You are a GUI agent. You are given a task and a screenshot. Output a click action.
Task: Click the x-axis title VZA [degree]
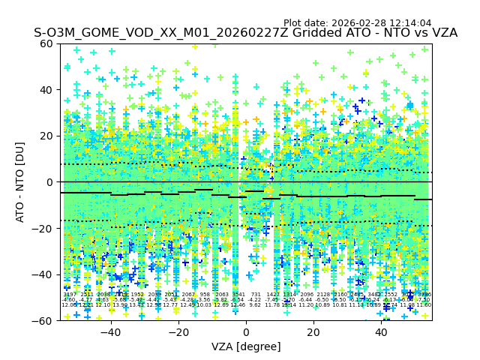(x=246, y=346)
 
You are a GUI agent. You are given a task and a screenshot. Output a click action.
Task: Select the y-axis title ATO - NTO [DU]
(x=20, y=182)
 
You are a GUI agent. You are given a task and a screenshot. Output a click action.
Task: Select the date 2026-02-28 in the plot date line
(x=355, y=23)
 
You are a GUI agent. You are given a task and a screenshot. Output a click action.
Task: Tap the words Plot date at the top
(x=304, y=23)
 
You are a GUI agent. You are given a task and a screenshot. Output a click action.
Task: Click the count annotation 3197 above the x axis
(x=69, y=295)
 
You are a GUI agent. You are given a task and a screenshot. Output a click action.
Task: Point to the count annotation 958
(x=205, y=295)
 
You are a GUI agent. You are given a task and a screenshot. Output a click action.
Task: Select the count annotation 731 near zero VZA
(x=255, y=295)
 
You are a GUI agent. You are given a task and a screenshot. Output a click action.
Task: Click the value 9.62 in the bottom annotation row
(x=255, y=305)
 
